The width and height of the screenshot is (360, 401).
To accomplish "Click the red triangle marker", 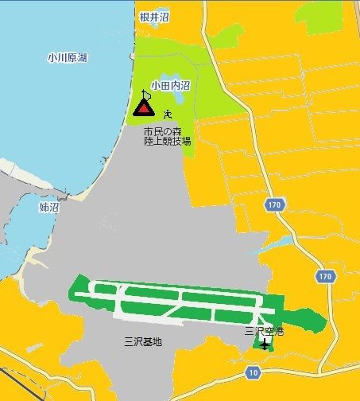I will point(144,108).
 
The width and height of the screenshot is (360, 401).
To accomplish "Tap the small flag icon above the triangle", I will point(145,92).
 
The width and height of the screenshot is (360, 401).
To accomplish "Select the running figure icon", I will point(168,114).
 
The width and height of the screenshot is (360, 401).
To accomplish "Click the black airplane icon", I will point(265,344).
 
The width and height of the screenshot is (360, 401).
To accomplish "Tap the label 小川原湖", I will point(66,57).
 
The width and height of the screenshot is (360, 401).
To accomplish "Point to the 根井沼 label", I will point(154,16).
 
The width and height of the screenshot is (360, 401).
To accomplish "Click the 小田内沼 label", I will point(170,86).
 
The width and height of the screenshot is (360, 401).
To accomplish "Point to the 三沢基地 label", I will point(143,342).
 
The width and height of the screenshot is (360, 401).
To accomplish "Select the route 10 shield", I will point(253,372).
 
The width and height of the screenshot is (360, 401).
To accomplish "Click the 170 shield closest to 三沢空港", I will point(323,276).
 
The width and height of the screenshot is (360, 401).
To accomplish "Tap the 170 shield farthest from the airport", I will point(274,204).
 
